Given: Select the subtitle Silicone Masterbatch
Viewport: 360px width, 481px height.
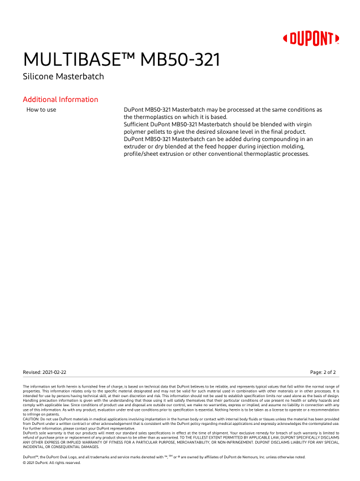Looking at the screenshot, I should (63, 76).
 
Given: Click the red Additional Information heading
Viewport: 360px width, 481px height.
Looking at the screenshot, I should (60, 100).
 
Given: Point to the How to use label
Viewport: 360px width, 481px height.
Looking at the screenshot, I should (41, 109).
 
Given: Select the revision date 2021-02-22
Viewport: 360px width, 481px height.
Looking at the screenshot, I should (54, 372).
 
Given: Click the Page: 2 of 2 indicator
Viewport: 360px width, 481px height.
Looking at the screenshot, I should (323, 372).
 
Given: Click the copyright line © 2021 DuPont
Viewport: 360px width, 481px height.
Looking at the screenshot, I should (52, 463).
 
